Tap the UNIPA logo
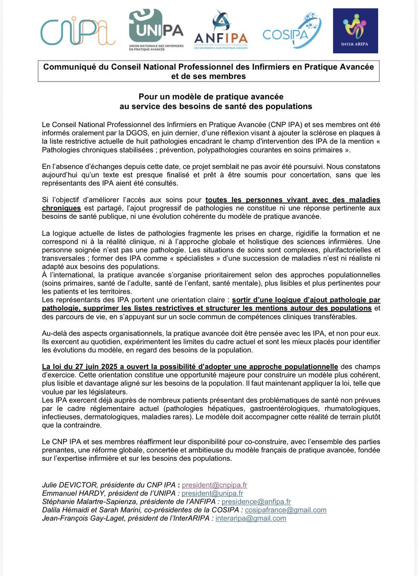[156, 32]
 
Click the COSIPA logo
[289, 31]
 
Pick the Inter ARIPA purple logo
[356, 31]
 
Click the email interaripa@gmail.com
[251, 518]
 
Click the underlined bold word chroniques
[61, 209]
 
